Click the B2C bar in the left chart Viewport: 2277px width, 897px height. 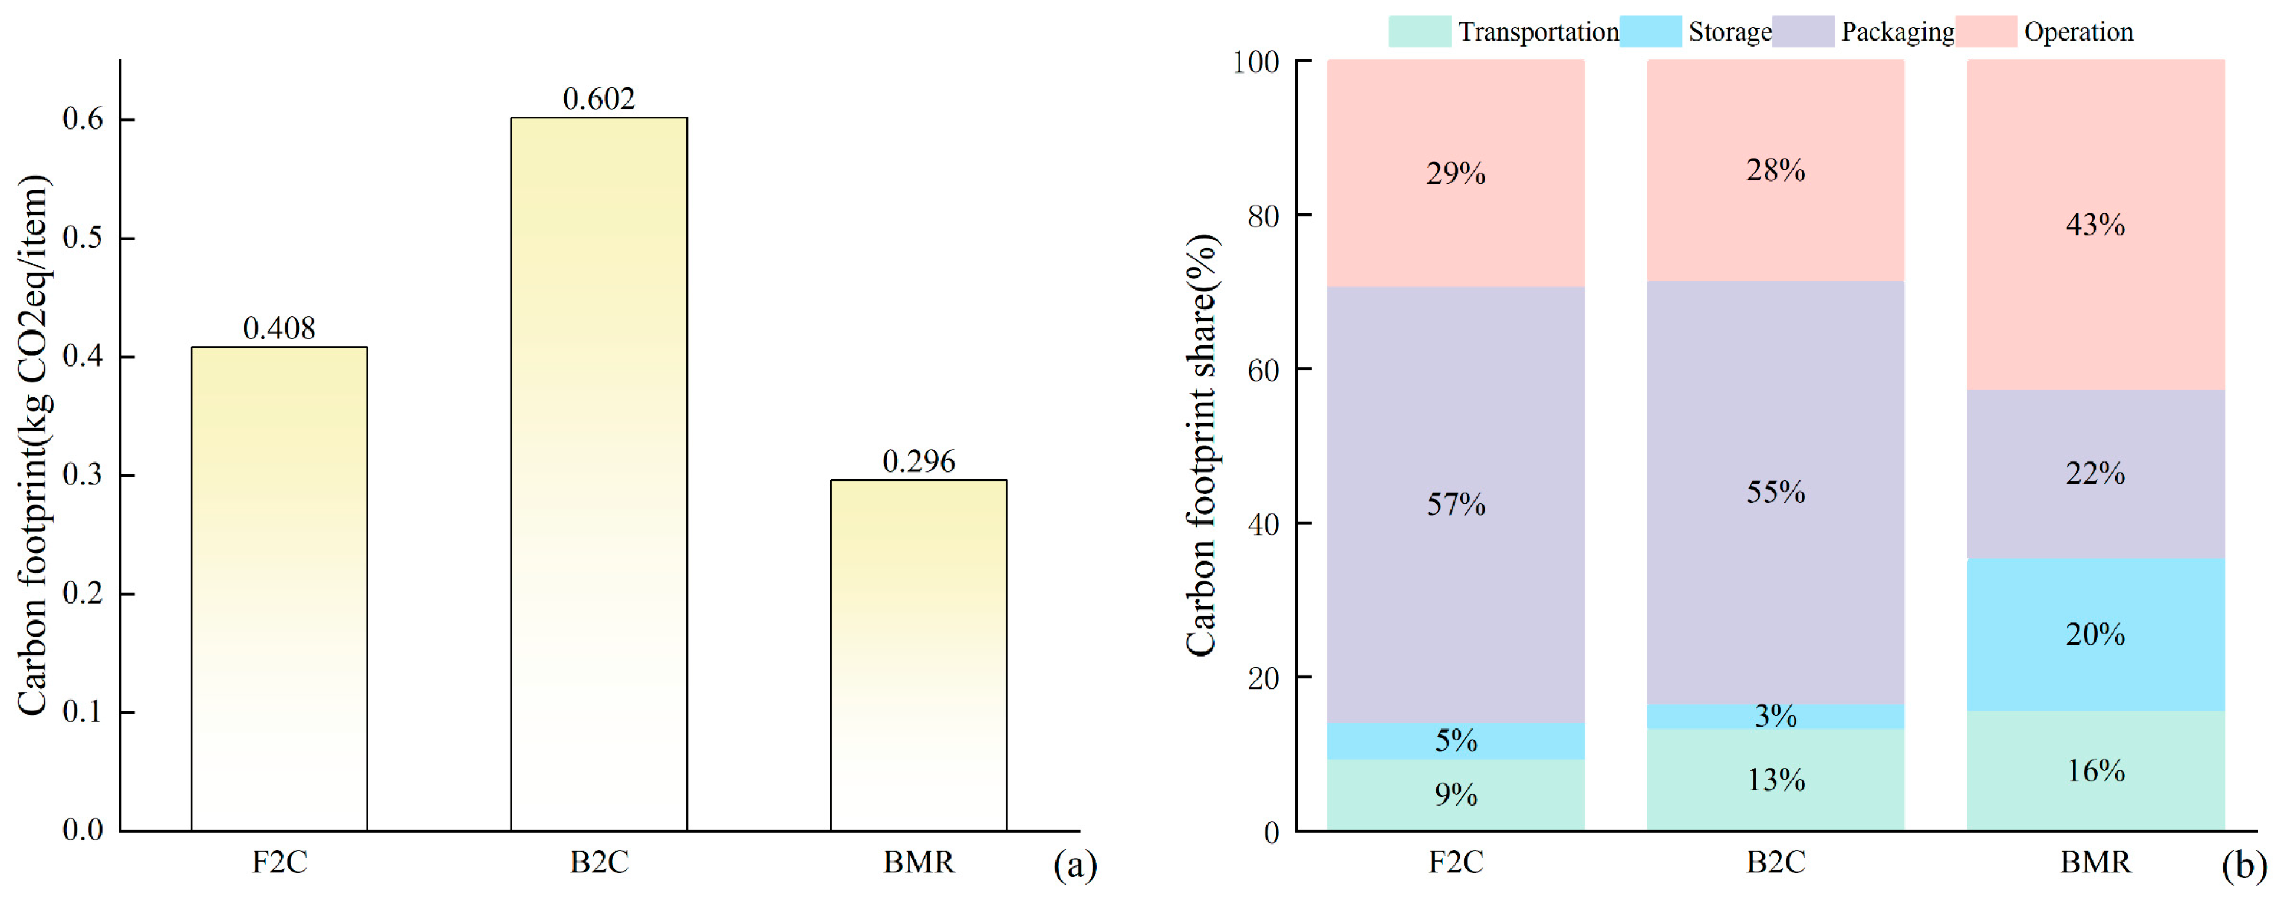tap(598, 474)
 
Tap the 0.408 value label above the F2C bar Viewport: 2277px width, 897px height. tap(279, 329)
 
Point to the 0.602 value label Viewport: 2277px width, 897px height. tap(598, 99)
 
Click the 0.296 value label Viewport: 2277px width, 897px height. tap(919, 461)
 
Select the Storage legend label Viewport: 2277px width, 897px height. tap(1730, 32)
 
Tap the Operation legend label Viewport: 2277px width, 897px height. tap(2078, 32)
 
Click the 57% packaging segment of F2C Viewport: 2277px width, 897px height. tap(1456, 504)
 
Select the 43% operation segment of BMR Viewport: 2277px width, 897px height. tap(2096, 225)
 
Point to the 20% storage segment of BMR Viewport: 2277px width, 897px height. tap(2096, 635)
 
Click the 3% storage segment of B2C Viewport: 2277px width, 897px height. tap(1775, 717)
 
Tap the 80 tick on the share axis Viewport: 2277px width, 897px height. tap(1263, 216)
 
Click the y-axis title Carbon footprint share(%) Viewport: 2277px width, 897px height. tap(1201, 446)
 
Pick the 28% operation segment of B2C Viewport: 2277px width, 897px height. tap(1775, 170)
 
